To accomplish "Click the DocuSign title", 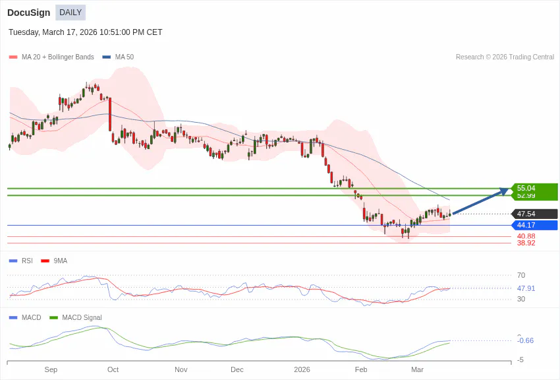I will [28, 13].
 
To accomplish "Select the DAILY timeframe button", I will [70, 13].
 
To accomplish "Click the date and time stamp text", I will [86, 32].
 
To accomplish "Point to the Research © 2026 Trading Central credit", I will [505, 57].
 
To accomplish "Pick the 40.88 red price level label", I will [526, 236].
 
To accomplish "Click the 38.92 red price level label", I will [526, 243].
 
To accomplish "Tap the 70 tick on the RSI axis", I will [521, 275].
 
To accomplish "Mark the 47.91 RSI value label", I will [526, 288].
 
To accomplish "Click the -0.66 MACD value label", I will [526, 340].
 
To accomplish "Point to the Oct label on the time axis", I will [113, 369].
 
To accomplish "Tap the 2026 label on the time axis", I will [302, 369].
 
